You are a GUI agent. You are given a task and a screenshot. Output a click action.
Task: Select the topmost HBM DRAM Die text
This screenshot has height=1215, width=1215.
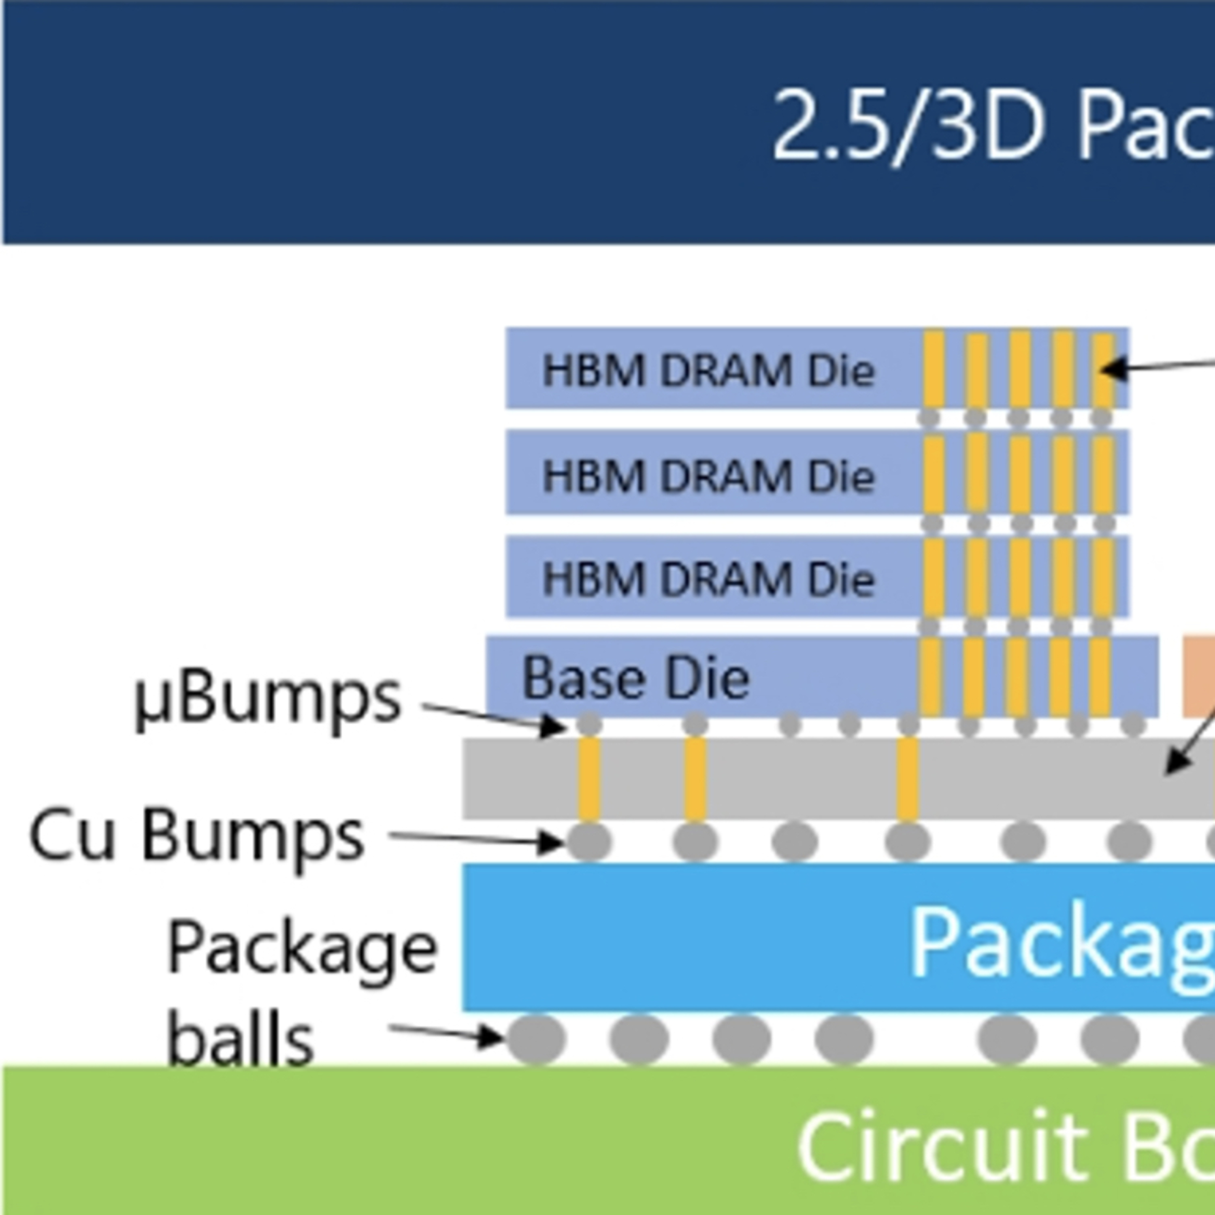[x=708, y=370]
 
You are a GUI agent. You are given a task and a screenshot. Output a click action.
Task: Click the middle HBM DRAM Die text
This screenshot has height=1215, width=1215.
[x=708, y=475]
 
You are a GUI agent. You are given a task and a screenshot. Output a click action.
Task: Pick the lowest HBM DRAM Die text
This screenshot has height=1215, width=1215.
[x=708, y=579]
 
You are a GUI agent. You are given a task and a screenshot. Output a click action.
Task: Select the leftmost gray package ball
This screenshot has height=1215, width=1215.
[x=536, y=1039]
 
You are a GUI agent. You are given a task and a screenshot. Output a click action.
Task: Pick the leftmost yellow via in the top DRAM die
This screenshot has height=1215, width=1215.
[x=934, y=370]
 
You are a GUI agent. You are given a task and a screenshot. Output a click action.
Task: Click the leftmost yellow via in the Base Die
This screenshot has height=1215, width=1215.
[x=930, y=677]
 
